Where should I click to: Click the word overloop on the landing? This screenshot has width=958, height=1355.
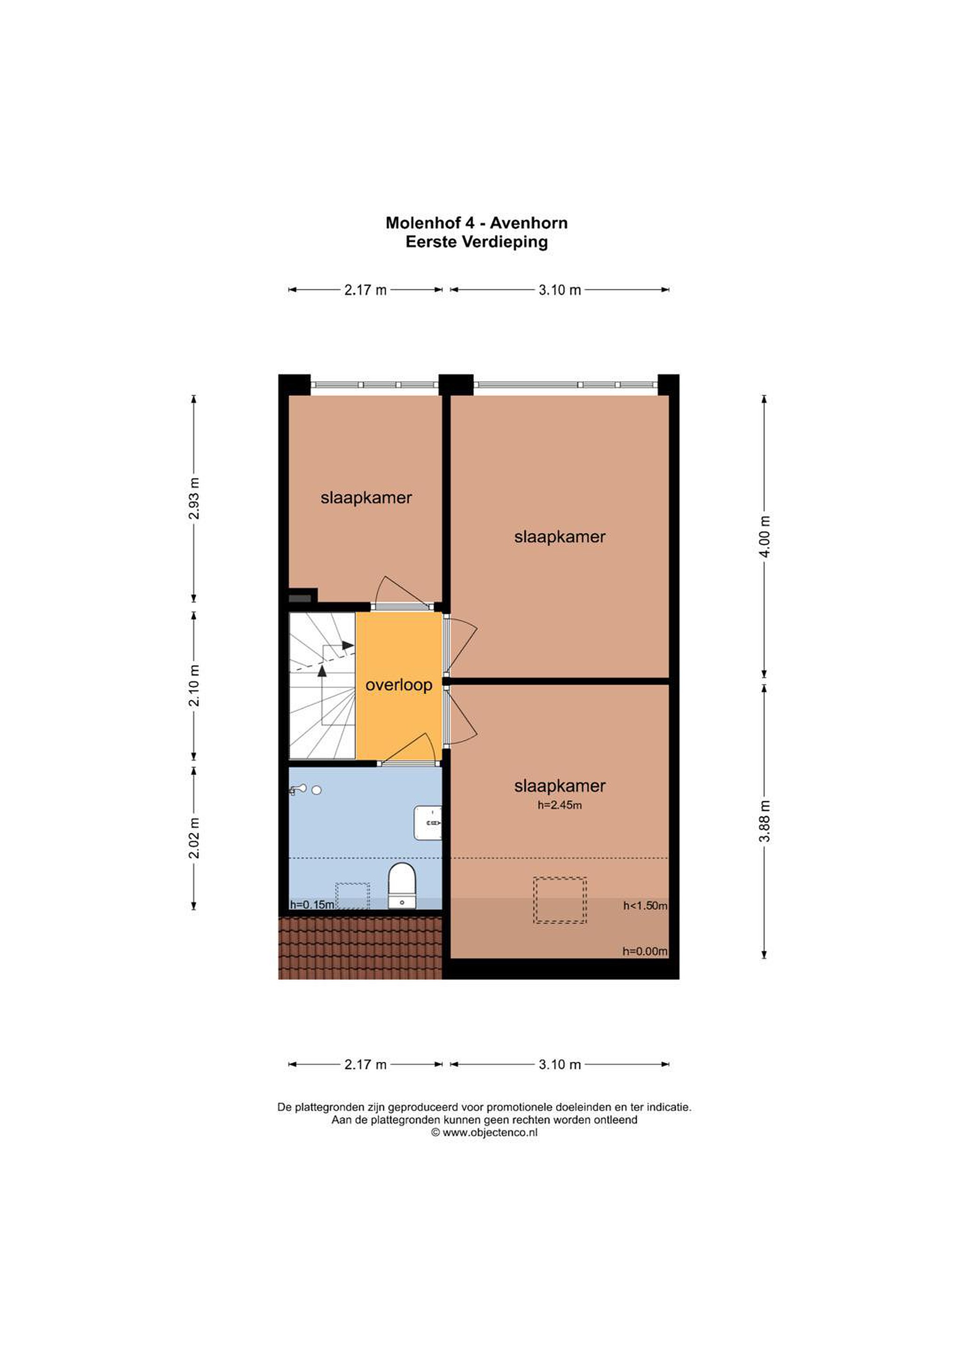click(399, 685)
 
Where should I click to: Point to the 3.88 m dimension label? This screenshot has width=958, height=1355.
click(765, 821)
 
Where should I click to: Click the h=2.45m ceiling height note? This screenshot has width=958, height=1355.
click(559, 805)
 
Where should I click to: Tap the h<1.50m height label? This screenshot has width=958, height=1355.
click(645, 905)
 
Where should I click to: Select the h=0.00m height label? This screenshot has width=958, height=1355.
click(645, 951)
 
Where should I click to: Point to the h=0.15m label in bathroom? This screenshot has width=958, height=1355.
click(311, 905)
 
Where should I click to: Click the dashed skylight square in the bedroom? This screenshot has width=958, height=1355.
click(559, 900)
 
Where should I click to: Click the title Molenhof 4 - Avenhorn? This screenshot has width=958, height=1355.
click(477, 223)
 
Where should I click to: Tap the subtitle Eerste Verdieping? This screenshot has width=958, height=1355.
click(477, 241)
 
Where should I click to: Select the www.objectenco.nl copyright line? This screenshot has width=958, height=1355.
click(484, 1132)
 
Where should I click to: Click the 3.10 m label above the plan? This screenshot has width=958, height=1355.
click(559, 290)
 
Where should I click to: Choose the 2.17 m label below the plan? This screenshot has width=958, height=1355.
click(366, 1064)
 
